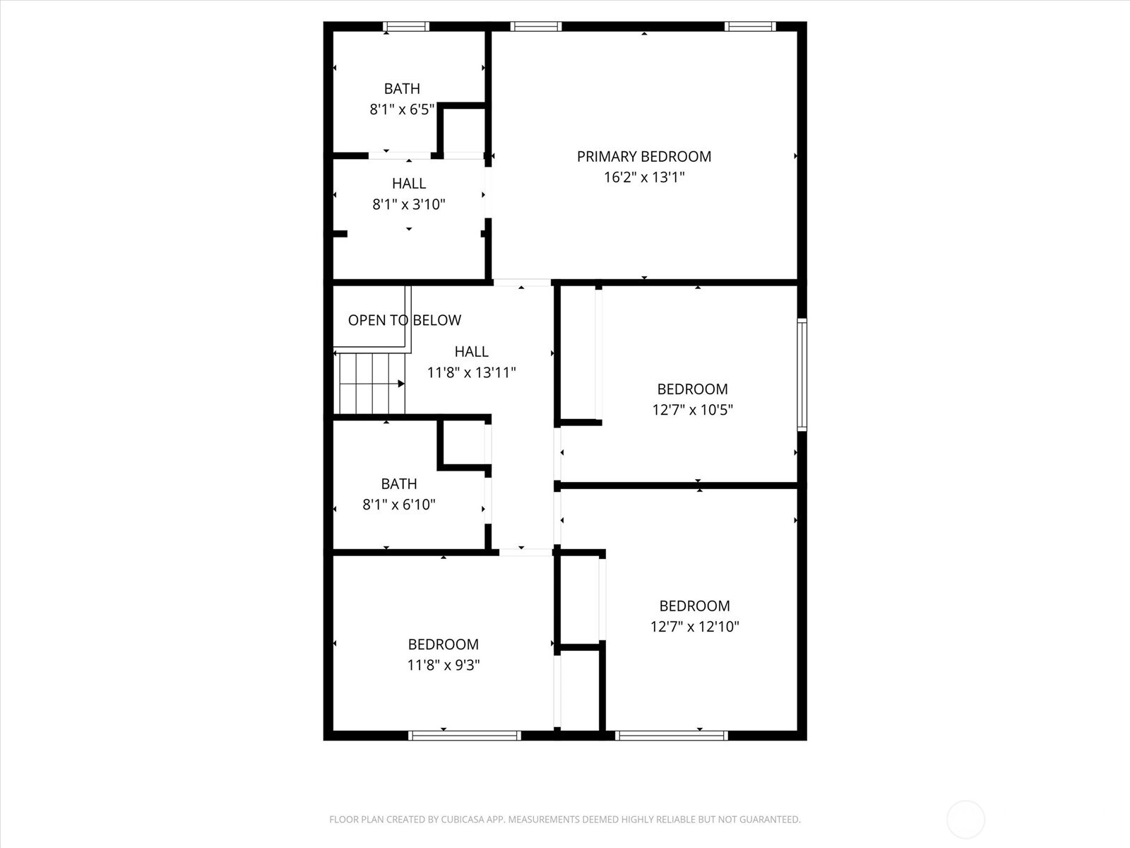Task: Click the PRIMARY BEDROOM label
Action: point(644,156)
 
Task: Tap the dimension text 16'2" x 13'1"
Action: point(644,177)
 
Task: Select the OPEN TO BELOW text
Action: point(405,320)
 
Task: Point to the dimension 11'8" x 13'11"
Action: point(472,372)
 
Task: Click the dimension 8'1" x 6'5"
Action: point(402,109)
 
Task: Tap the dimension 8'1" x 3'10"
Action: point(409,204)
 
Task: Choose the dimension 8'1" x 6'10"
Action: point(399,505)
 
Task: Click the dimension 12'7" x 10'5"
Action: point(692,410)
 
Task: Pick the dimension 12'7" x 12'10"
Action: point(694,627)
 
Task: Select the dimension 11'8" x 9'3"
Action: point(444,665)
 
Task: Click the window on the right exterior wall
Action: point(802,375)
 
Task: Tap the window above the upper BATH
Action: point(405,27)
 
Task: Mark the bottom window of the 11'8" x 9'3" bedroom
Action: point(465,736)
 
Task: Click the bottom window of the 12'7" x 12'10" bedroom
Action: point(672,736)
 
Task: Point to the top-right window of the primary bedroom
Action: point(750,27)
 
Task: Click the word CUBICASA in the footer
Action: point(463,819)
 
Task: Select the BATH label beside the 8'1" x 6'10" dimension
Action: point(399,484)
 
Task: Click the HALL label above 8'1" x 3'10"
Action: point(409,184)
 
